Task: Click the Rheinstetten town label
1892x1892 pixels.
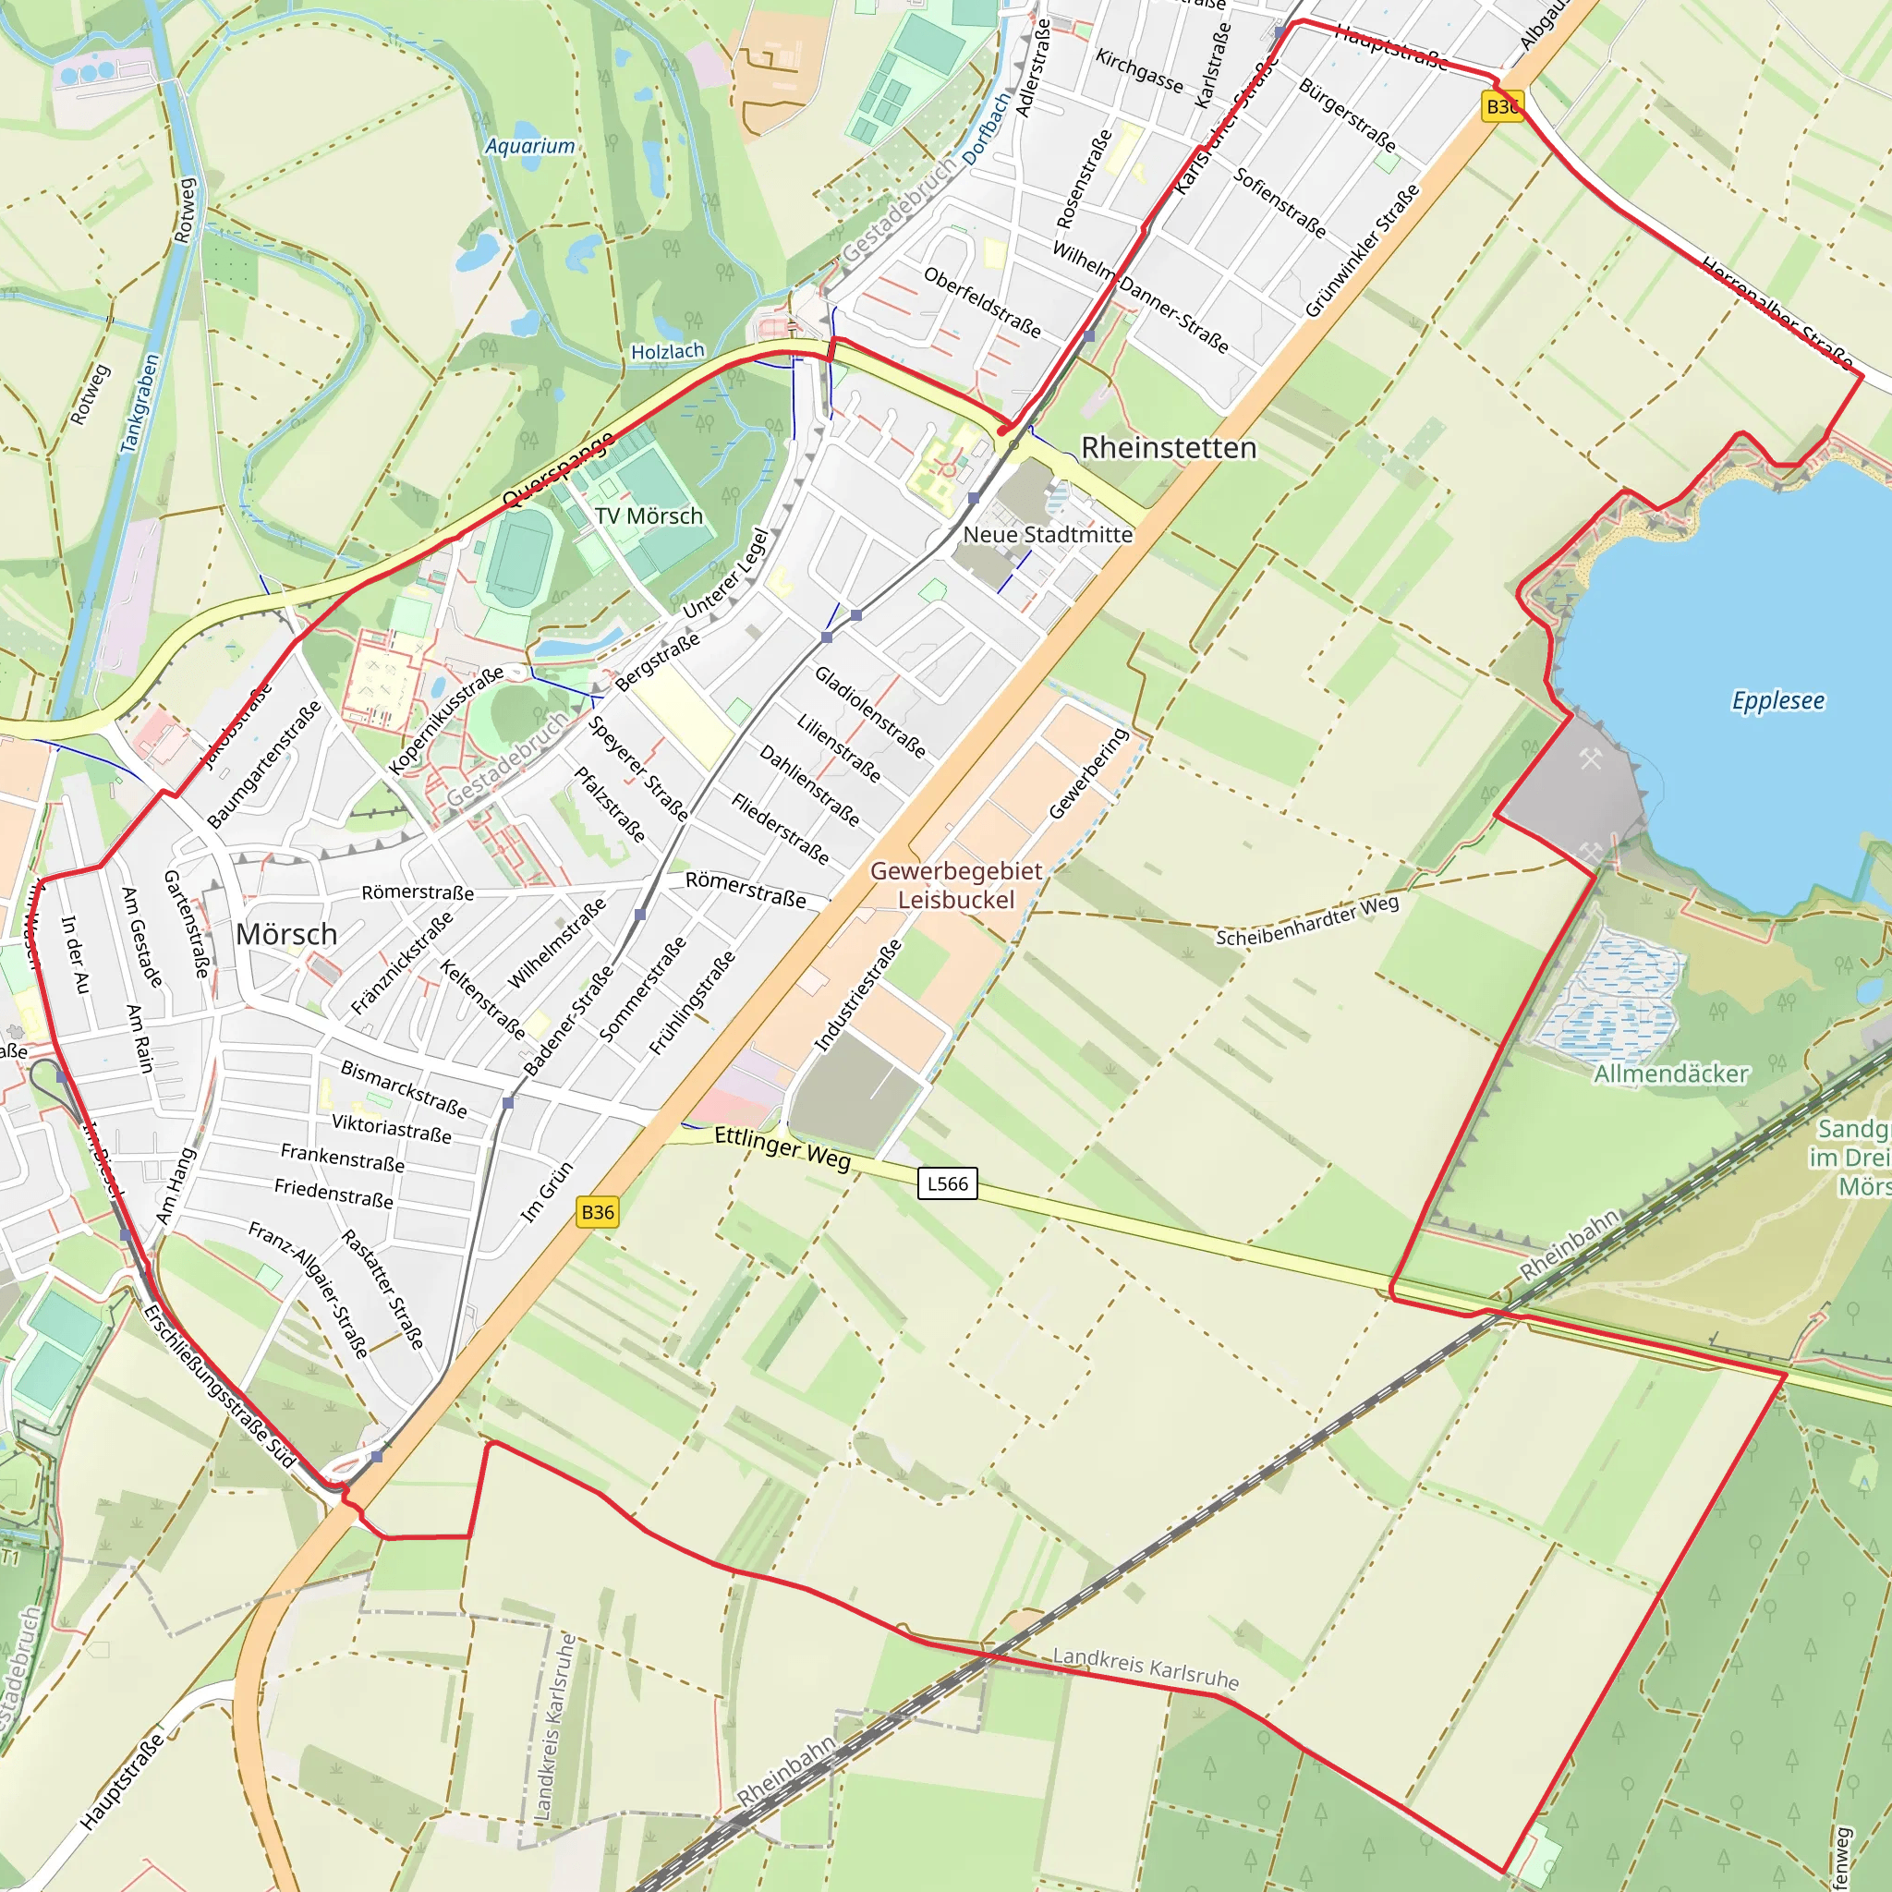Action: click(1168, 447)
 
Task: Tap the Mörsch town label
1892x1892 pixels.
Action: click(286, 934)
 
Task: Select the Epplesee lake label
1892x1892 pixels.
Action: click(1777, 700)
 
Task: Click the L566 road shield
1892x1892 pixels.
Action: click(947, 1183)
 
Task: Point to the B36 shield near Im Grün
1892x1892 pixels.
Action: click(598, 1211)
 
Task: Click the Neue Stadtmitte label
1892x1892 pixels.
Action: click(1047, 535)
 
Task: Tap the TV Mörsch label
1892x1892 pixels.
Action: click(649, 516)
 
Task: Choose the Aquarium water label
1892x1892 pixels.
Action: click(529, 146)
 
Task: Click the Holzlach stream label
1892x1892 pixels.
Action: click(667, 352)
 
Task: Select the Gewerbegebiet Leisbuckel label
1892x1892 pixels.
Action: click(956, 884)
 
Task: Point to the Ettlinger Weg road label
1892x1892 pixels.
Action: click(782, 1146)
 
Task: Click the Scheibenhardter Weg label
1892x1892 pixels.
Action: click(1306, 921)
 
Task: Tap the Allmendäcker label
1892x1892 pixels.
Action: click(1670, 1073)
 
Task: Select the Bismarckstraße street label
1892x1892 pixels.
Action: click(404, 1088)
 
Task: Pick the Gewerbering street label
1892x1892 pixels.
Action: click(1088, 772)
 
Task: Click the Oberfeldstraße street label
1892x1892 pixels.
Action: click(982, 301)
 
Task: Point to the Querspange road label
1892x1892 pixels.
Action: click(557, 469)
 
